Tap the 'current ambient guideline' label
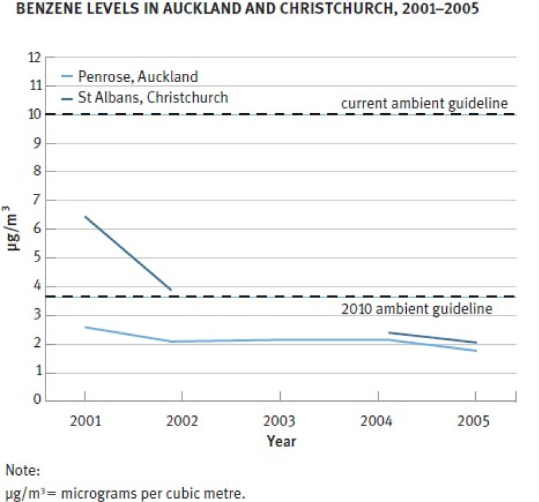coord(424,104)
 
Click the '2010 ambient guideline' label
coord(416,309)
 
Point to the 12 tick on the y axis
coord(35,58)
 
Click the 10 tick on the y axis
coord(35,114)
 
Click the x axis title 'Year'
coord(281,441)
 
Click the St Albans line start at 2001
coord(85,217)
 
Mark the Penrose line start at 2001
coord(85,327)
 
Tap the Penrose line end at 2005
coord(476,350)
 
